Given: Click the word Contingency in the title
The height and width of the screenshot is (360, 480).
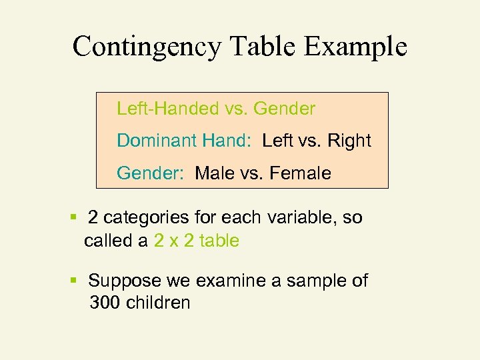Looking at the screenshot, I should (x=146, y=47).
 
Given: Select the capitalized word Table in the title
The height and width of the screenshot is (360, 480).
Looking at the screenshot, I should (x=263, y=47).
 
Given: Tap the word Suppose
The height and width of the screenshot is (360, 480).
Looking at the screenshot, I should (x=123, y=281).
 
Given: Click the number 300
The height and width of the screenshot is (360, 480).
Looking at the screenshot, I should (x=104, y=303).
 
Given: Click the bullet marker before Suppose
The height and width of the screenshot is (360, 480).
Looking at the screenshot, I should (x=73, y=281).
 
